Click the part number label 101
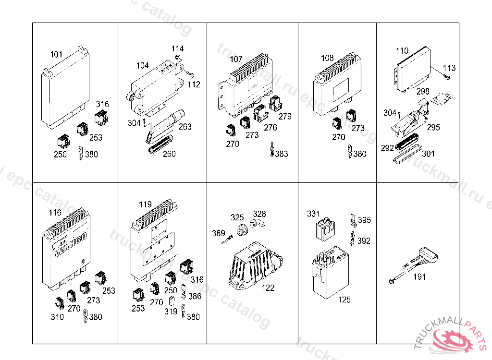pyautogui.click(x=56, y=55)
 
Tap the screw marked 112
pyautogui.click(x=190, y=75)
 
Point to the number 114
pyautogui.click(x=177, y=49)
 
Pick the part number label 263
pyautogui.click(x=184, y=127)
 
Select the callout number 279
pyautogui.click(x=285, y=117)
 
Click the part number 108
pyautogui.click(x=327, y=58)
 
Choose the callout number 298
pyautogui.click(x=423, y=91)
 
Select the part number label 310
pyautogui.click(x=57, y=317)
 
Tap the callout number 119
pyautogui.click(x=145, y=204)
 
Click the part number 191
pyautogui.click(x=420, y=277)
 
